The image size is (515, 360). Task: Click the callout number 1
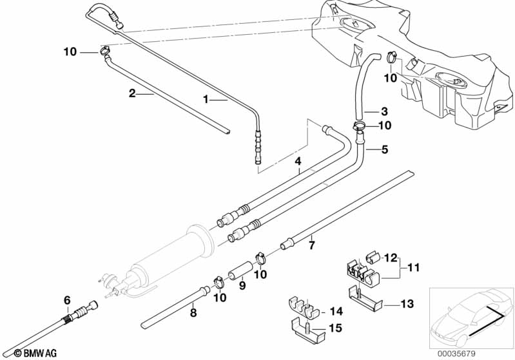pyautogui.click(x=206, y=100)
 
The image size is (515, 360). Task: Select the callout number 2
pyautogui.click(x=132, y=93)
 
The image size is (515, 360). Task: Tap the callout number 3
pyautogui.click(x=384, y=110)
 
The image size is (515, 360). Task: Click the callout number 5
pyautogui.click(x=385, y=149)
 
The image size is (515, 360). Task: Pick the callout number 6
pyautogui.click(x=66, y=299)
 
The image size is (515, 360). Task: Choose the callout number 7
pyautogui.click(x=311, y=245)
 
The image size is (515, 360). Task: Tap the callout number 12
pyautogui.click(x=391, y=258)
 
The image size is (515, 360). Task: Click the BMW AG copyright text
pyautogui.click(x=23, y=353)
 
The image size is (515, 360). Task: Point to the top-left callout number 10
pyautogui.click(x=70, y=51)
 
